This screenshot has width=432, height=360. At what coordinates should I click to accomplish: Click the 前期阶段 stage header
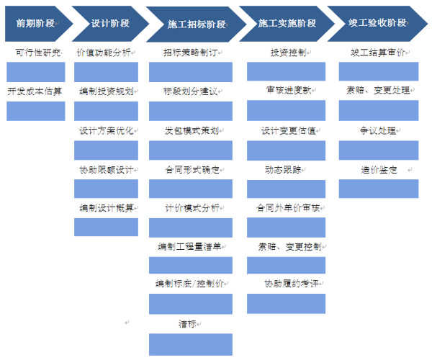[35, 23]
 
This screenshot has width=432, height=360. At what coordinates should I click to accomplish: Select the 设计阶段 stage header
[110, 23]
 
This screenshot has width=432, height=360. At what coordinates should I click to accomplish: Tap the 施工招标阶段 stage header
[197, 24]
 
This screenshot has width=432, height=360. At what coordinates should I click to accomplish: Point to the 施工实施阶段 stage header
[287, 23]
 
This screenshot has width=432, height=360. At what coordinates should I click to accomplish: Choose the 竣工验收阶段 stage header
[377, 23]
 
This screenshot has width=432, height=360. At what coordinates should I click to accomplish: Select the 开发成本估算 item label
[34, 91]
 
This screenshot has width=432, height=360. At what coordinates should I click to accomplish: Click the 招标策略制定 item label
[189, 53]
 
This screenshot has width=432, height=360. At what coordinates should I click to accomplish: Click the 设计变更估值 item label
[288, 130]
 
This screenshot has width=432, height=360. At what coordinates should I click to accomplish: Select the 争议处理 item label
[378, 130]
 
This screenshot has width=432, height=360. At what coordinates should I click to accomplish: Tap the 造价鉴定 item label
[378, 170]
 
